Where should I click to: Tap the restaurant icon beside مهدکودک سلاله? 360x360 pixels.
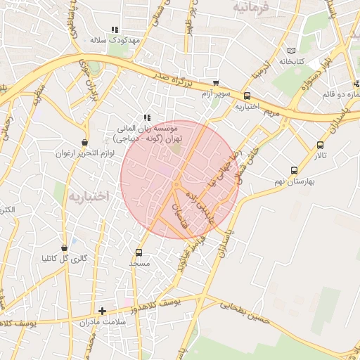tap(114, 30)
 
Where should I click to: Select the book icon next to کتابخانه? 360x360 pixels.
tap(292, 51)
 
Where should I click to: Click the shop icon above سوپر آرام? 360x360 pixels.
tap(215, 83)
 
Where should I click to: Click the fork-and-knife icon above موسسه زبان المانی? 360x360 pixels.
tap(146, 118)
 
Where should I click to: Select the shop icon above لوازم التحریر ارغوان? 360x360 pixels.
tap(85, 142)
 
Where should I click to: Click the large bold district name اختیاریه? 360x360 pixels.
tap(87, 195)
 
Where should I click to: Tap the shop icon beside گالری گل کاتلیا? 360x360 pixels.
tap(65, 247)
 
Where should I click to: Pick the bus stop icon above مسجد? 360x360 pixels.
tap(139, 252)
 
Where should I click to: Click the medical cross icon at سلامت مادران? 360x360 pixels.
tap(103, 310)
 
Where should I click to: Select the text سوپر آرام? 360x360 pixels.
tap(216, 94)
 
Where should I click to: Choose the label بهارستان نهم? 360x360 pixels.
tap(294, 181)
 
